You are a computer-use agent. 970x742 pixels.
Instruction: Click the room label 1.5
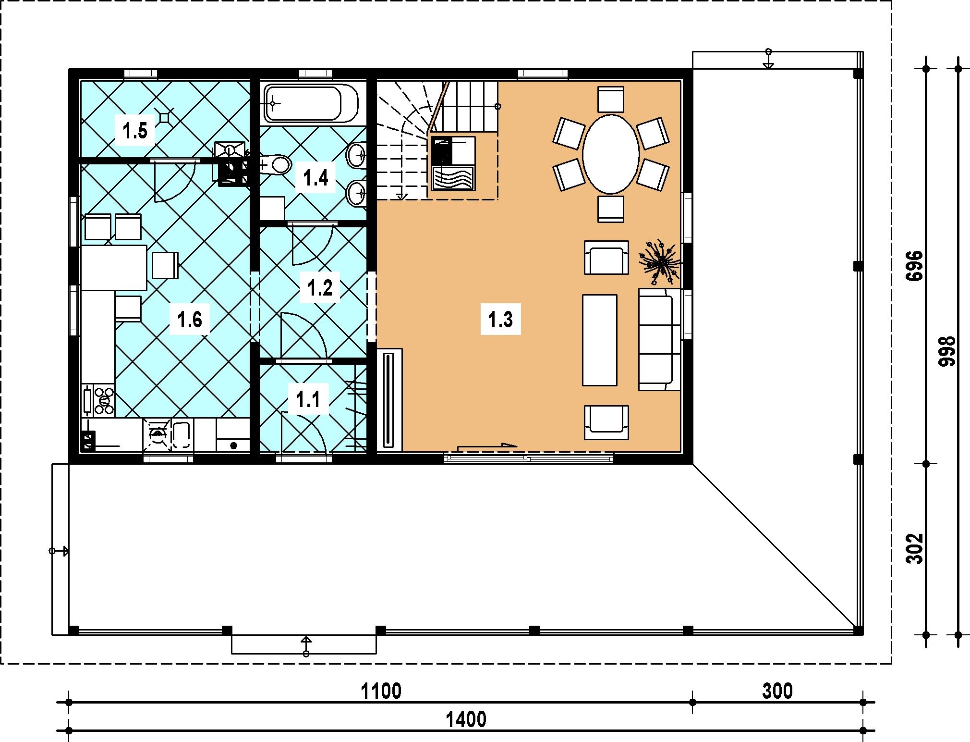pos(135,131)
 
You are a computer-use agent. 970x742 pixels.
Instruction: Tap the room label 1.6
pos(190,319)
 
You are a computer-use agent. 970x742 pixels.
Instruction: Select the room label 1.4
pos(315,178)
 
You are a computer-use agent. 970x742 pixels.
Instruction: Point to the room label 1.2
pos(320,288)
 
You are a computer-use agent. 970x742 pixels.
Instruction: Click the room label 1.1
pos(308,400)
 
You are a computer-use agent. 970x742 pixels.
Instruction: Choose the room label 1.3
pos(500,320)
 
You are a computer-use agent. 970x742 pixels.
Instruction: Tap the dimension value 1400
pos(466,719)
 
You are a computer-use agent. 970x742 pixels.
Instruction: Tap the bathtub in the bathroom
pos(311,103)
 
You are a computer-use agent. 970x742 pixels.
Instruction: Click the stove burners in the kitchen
pos(105,399)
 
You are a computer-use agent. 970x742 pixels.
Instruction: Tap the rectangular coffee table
pos(600,340)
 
